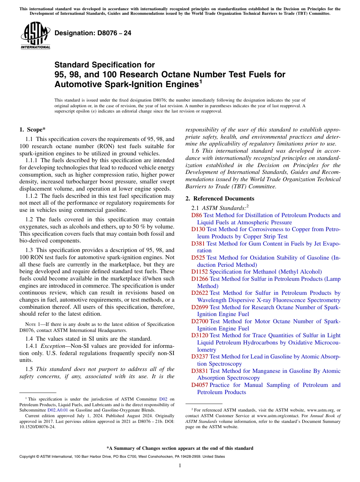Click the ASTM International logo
pos(35,36)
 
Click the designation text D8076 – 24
pos(93,33)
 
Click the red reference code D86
pos(197,215)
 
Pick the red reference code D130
pos(198,229)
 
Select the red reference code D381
pos(198,244)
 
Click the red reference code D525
pos(198,258)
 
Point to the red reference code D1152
pos(200,272)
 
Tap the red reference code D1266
pos(200,279)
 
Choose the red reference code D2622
pos(200,293)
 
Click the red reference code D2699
pos(200,307)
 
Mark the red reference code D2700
pos(200,321)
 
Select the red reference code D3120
pos(200,335)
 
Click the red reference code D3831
pos(200,371)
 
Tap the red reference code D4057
pos(200,385)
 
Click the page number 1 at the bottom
pos(180,466)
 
